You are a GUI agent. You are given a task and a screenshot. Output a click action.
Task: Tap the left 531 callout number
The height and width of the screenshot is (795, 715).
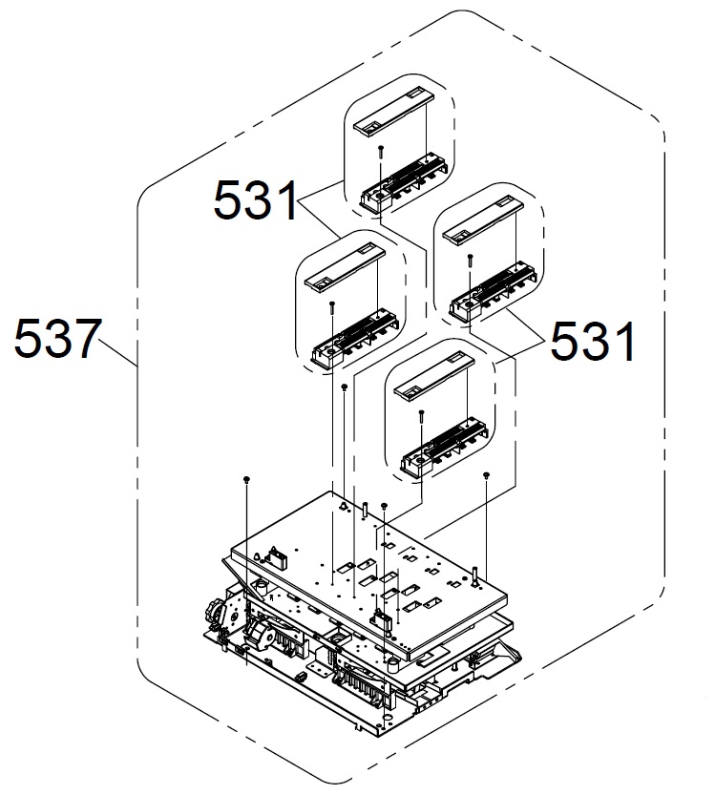pos(255,200)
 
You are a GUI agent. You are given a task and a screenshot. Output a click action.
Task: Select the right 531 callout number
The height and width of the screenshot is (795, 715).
pos(593,340)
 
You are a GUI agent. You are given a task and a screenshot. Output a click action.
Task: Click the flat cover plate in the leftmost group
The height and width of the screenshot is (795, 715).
pos(344,267)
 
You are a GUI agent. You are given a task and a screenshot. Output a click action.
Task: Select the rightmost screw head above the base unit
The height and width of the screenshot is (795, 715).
pos(487,474)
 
